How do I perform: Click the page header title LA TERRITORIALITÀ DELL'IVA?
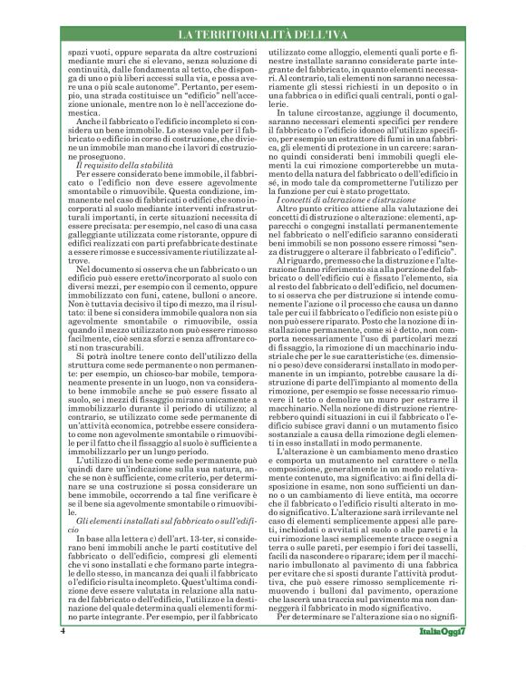click(262, 35)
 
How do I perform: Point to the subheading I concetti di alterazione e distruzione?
click(339, 225)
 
